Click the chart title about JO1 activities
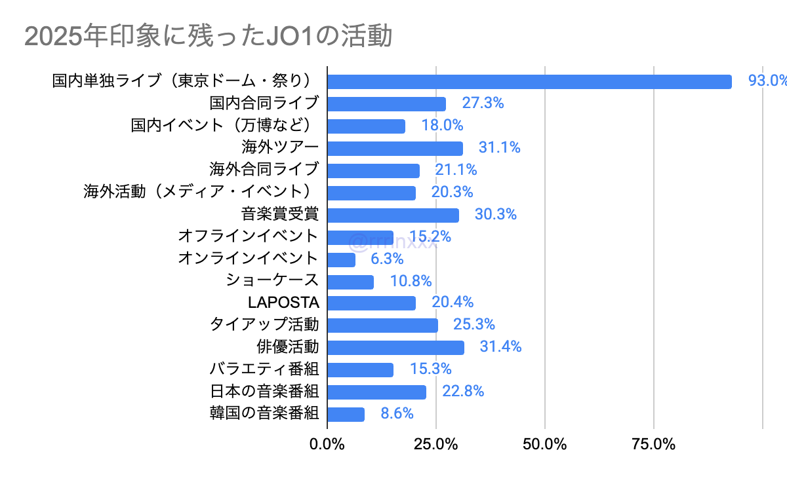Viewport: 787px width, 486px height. [x=208, y=37]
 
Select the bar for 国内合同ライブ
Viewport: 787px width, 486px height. [x=386, y=103]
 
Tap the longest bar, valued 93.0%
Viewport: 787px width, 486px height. [x=529, y=81]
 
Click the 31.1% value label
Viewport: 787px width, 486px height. [x=499, y=147]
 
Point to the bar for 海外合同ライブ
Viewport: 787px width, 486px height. [x=373, y=170]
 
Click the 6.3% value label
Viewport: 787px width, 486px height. [x=386, y=259]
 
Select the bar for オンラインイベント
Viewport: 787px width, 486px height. [x=341, y=259]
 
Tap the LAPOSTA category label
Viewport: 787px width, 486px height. [x=283, y=303]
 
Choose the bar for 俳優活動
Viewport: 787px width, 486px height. [x=395, y=347]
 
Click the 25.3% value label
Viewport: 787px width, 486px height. [x=474, y=324]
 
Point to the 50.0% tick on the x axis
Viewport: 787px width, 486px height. [x=545, y=444]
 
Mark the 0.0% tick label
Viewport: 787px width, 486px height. [x=327, y=444]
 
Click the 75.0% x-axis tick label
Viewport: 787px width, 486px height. [x=654, y=444]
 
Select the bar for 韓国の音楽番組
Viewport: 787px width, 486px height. [x=346, y=414]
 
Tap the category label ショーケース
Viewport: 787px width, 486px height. [x=272, y=280]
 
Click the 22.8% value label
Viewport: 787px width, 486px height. [x=462, y=392]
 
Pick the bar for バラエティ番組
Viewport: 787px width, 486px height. [x=360, y=369]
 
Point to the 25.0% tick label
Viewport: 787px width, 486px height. [x=436, y=444]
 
